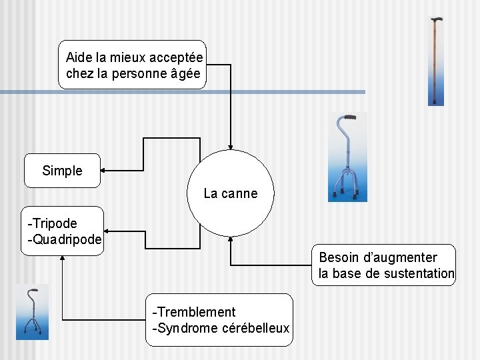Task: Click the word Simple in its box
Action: tap(62, 171)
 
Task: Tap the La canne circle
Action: tap(230, 193)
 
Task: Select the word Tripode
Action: tap(54, 223)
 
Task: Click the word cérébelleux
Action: tap(254, 328)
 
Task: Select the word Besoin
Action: tap(341, 257)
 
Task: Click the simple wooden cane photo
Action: tap(435, 61)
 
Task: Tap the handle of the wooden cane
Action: tap(436, 21)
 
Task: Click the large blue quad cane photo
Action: tap(347, 157)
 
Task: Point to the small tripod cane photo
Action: tap(32, 312)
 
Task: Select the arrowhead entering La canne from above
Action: tap(231, 147)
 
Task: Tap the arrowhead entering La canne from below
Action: tap(230, 238)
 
